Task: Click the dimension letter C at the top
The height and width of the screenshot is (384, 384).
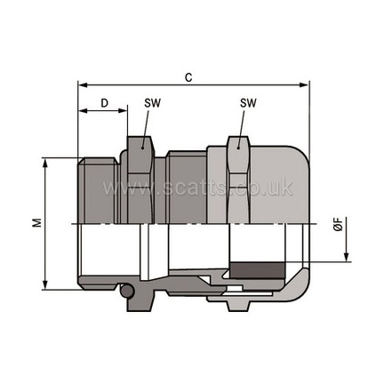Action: pos(188,77)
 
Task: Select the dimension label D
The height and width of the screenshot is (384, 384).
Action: pos(104,103)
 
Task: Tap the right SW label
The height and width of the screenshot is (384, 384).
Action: pos(248,103)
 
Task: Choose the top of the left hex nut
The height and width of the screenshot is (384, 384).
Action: pos(136,140)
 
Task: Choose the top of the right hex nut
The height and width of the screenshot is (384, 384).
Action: pos(238,140)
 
